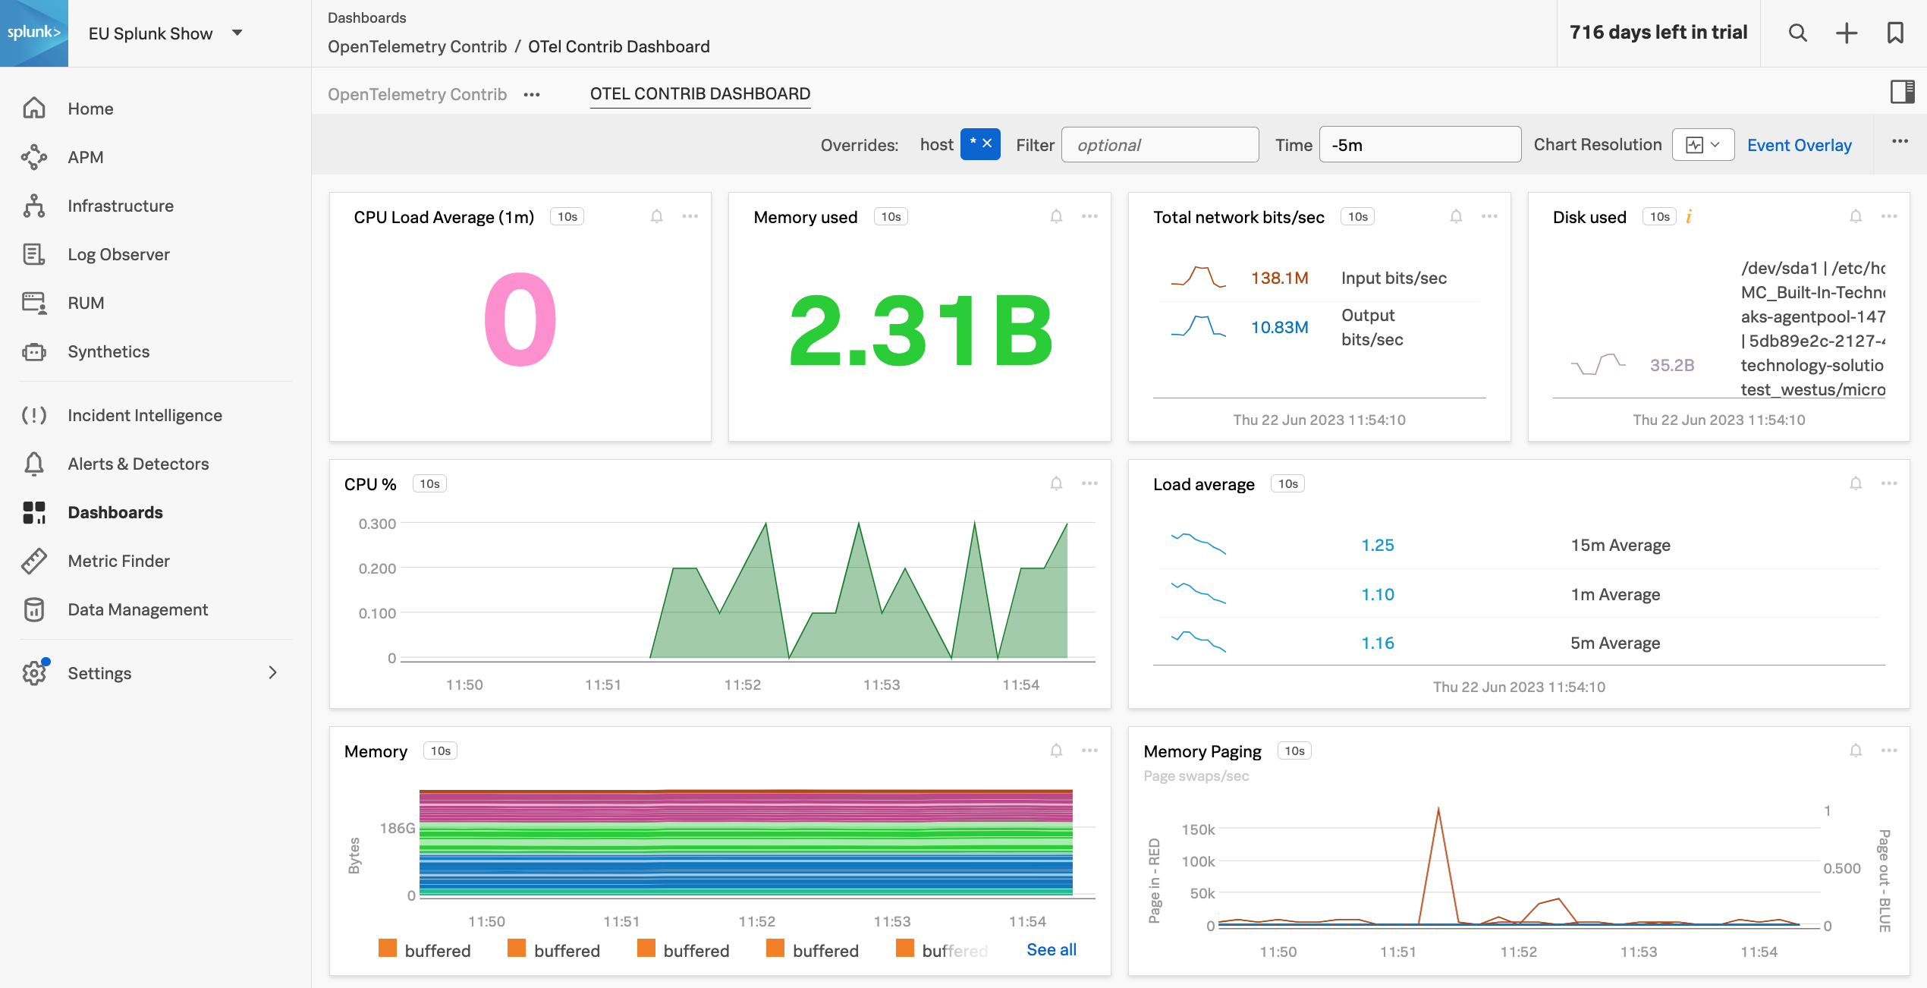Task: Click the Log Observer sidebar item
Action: pyautogui.click(x=118, y=254)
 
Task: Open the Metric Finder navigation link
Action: pyautogui.click(x=118, y=561)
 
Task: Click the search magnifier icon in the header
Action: pyautogui.click(x=1797, y=33)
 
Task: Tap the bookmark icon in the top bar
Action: pyautogui.click(x=1895, y=33)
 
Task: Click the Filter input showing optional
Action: pyautogui.click(x=1159, y=145)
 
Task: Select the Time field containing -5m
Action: pyautogui.click(x=1419, y=145)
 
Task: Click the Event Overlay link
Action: pyautogui.click(x=1799, y=145)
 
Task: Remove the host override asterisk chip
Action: pyautogui.click(x=987, y=143)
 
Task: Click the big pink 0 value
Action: pyautogui.click(x=520, y=319)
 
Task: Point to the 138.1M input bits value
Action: pyautogui.click(x=1279, y=278)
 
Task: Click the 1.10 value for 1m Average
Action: pyautogui.click(x=1377, y=594)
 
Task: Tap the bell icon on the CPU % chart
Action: pyautogui.click(x=1056, y=483)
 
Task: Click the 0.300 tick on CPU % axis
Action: pyautogui.click(x=377, y=524)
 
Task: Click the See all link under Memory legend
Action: pyautogui.click(x=1051, y=949)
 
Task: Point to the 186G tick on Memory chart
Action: pyautogui.click(x=398, y=828)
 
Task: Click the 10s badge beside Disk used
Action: pyautogui.click(x=1659, y=217)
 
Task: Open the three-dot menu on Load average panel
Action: pyautogui.click(x=1888, y=483)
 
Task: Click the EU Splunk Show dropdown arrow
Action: pyautogui.click(x=237, y=33)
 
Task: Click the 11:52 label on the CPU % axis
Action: pyautogui.click(x=742, y=684)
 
